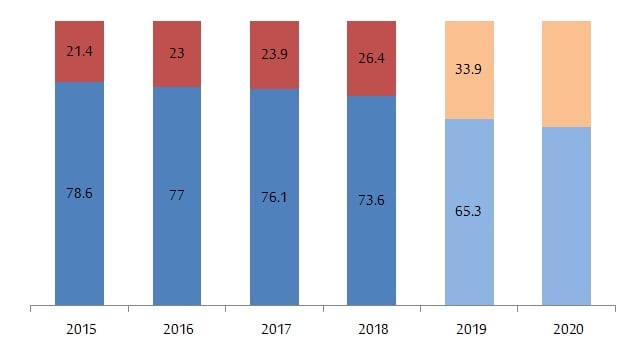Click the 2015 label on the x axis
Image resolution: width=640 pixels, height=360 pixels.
[80, 329]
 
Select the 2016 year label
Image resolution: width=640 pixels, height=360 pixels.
[177, 329]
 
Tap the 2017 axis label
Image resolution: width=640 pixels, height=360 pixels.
[274, 329]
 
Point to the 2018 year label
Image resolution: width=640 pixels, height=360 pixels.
[371, 329]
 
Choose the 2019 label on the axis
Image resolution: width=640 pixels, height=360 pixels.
[469, 329]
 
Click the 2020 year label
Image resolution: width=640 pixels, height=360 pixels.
[566, 329]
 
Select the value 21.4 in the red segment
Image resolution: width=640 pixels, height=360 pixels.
[80, 49]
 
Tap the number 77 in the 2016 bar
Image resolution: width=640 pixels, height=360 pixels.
[177, 196]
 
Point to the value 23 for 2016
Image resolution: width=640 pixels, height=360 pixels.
[177, 53]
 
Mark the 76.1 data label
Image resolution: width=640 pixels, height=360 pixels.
[274, 197]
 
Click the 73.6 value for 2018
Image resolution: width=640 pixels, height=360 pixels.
[371, 200]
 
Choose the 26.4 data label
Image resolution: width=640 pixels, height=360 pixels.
[371, 58]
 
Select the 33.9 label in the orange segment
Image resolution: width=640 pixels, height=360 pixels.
[469, 70]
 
